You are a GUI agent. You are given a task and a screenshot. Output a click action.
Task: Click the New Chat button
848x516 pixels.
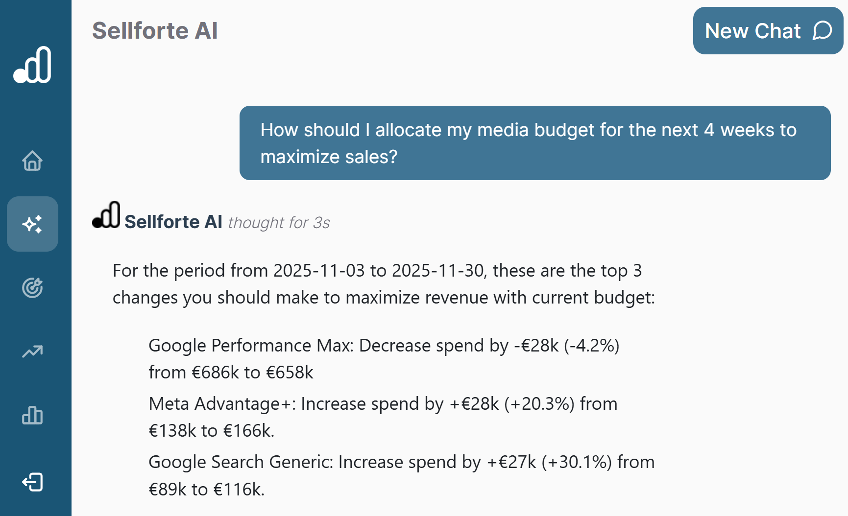click(768, 31)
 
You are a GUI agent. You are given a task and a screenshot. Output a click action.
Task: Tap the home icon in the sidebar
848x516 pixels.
click(32, 161)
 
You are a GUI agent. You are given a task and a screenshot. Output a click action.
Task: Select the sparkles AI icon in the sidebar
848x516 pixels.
click(32, 224)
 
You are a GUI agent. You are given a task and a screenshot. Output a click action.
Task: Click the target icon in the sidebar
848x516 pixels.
click(32, 288)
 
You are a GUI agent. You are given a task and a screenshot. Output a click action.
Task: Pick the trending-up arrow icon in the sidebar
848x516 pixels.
click(32, 352)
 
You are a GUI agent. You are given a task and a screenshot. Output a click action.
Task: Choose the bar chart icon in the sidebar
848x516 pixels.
click(32, 415)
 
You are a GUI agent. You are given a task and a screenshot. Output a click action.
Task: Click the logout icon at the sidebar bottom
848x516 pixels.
click(32, 482)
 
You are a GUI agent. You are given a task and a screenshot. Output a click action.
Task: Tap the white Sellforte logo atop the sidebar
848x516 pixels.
click(32, 65)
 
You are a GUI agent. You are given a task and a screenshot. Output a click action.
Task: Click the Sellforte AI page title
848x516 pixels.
click(155, 31)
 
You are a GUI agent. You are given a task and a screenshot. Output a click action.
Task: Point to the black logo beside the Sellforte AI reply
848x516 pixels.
click(106, 215)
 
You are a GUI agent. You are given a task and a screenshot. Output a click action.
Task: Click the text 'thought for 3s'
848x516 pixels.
click(279, 223)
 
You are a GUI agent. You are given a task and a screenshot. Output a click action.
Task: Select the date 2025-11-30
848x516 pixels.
click(437, 271)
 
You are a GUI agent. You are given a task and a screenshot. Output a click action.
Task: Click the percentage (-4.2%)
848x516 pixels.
click(591, 346)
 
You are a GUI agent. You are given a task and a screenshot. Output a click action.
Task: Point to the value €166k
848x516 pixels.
click(246, 431)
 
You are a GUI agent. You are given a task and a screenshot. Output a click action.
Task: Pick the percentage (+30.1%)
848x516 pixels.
click(577, 462)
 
